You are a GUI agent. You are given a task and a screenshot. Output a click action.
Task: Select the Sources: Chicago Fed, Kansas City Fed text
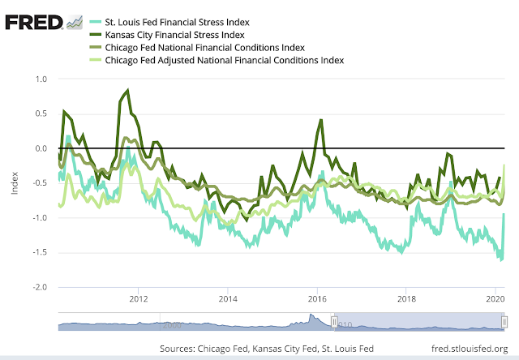click(267, 348)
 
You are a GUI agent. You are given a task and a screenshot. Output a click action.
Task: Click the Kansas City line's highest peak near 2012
click(128, 91)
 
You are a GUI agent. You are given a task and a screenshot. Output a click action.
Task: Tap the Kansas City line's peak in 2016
click(321, 120)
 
